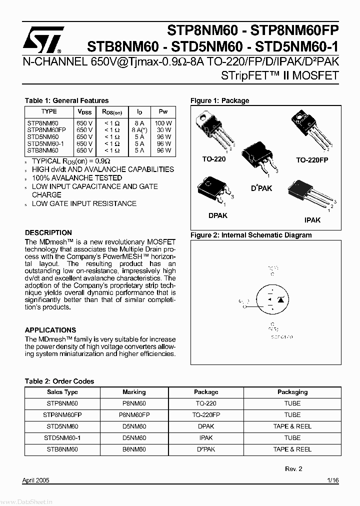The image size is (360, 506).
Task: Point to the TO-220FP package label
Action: click(312, 159)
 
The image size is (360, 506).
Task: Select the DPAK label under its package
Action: click(217, 215)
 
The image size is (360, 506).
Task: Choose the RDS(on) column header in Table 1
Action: click(112, 112)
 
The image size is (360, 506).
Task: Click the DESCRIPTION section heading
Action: click(48, 232)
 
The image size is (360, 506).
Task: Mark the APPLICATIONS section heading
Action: click(50, 330)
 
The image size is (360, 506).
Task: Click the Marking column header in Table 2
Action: click(134, 392)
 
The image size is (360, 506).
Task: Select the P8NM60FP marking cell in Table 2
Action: click(134, 415)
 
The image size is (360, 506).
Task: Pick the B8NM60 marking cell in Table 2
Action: click(134, 449)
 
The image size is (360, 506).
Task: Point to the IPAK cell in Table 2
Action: click(206, 437)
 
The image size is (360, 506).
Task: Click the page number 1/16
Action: click(333, 480)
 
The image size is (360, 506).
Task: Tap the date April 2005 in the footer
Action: click(36, 480)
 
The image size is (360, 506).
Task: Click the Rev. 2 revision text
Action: click(293, 469)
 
